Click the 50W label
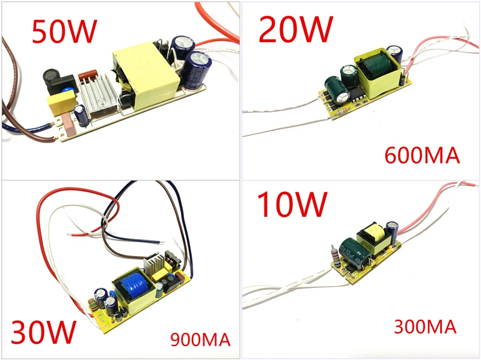pyautogui.click(x=64, y=31)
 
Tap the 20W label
pyautogui.click(x=296, y=29)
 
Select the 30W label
pyautogui.click(x=43, y=332)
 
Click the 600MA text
pyautogui.click(x=422, y=156)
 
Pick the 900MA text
pyautogui.click(x=200, y=340)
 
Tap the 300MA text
pyautogui.click(x=425, y=326)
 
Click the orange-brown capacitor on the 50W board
pyautogui.click(x=88, y=75)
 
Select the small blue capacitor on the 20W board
pyautogui.click(x=395, y=54)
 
